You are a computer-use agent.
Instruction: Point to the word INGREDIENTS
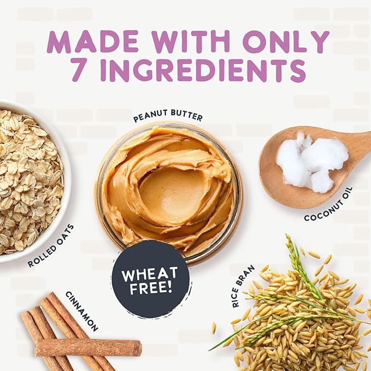[203, 70]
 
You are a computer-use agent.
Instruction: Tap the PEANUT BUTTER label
[168, 116]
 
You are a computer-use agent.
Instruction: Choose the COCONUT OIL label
[328, 204]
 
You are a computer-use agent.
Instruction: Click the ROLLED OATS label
[51, 245]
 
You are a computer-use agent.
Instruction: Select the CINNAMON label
[81, 311]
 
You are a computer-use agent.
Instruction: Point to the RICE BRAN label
[243, 286]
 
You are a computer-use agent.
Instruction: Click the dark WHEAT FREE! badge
[151, 279]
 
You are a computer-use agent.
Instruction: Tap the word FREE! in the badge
[151, 288]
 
